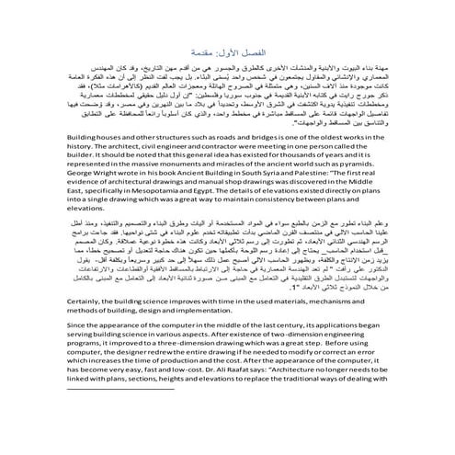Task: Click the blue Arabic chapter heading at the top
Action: click(226, 53)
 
